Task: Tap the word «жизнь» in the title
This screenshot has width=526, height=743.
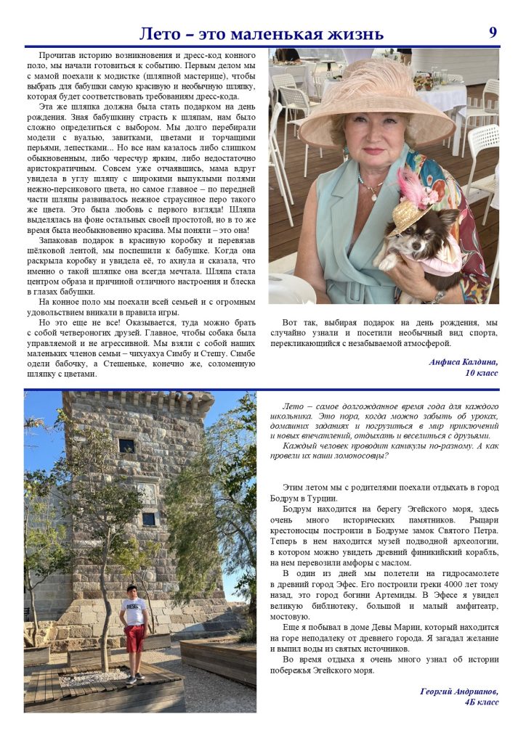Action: tap(355, 34)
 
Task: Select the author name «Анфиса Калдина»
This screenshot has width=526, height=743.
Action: tap(464, 361)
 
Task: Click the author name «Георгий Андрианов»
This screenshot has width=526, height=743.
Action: tap(459, 691)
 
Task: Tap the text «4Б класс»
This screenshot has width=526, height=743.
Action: tap(482, 702)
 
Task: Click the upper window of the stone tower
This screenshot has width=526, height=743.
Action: tap(126, 445)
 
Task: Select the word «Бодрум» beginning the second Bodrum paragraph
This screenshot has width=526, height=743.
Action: tap(298, 510)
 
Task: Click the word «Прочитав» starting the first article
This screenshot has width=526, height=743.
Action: tap(60, 55)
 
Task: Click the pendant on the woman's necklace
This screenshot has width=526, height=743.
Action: tap(372, 195)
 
